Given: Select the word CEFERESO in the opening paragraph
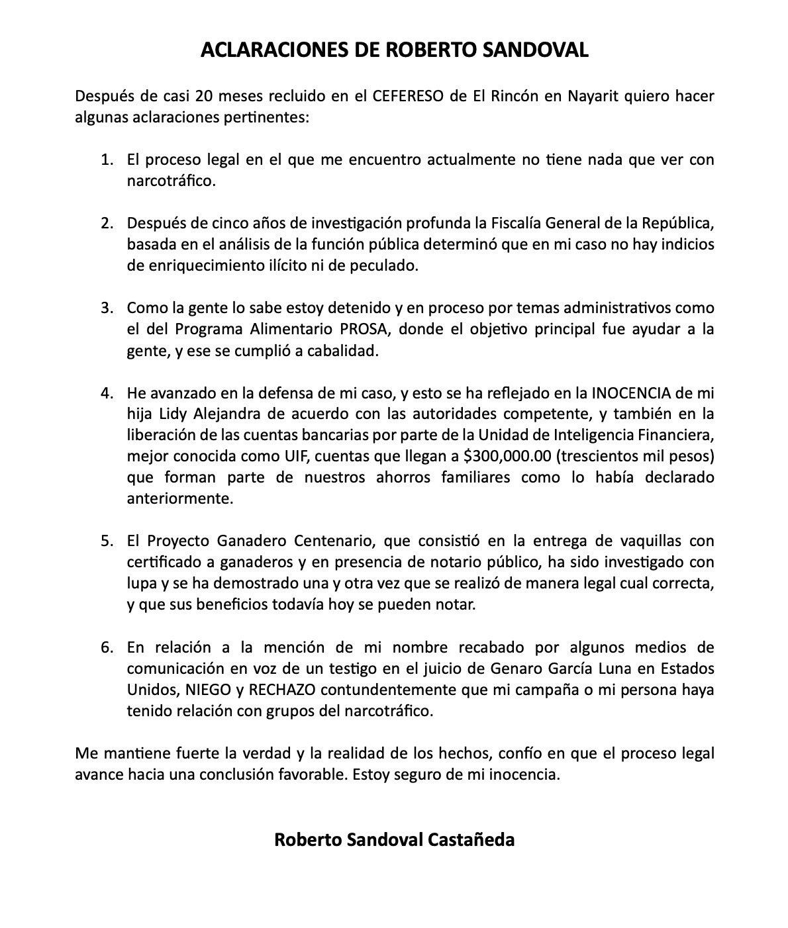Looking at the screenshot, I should click(405, 97).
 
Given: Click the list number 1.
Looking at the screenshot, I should click(107, 160).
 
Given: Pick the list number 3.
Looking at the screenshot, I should click(107, 308).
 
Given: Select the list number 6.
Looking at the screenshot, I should click(107, 647).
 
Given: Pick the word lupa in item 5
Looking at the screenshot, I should click(141, 584).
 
